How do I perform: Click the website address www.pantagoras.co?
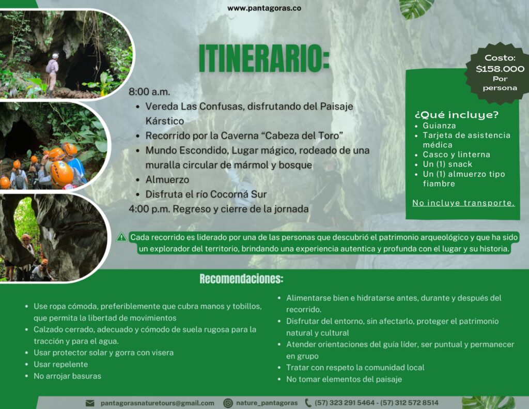264,8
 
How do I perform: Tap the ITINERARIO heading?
264,58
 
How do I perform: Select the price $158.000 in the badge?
500,69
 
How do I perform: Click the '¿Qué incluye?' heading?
456,115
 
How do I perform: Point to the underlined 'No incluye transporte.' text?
463,203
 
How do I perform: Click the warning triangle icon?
121,237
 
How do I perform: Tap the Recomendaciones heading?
241,279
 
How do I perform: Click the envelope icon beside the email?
90,403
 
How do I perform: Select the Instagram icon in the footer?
228,403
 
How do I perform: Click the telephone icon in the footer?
308,403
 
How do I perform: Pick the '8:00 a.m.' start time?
149,92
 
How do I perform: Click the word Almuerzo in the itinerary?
167,179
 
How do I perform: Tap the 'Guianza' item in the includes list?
439,126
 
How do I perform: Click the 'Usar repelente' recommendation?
61,365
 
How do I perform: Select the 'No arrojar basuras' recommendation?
67,376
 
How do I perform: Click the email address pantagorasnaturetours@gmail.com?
157,403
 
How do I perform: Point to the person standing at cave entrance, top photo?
52,72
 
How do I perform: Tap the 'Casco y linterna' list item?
457,155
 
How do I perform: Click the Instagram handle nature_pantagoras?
267,403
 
